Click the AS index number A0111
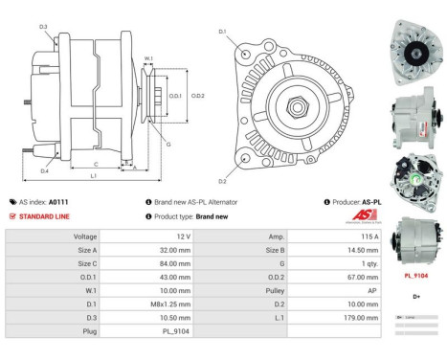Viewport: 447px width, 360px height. coord(58,202)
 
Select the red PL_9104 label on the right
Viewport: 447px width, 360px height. coord(415,275)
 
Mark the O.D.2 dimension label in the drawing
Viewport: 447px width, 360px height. coord(198,95)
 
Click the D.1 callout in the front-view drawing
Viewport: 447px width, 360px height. coord(222,32)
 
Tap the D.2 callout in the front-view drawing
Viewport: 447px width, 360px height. coord(222,180)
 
